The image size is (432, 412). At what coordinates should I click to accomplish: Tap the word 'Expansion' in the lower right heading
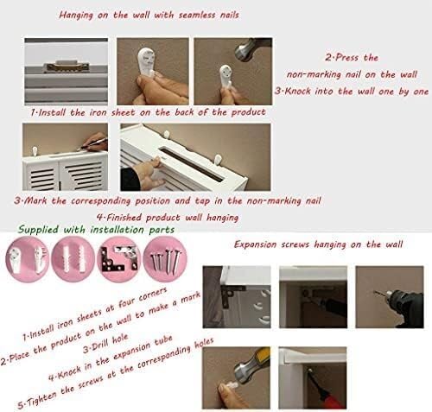[x=260, y=245]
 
